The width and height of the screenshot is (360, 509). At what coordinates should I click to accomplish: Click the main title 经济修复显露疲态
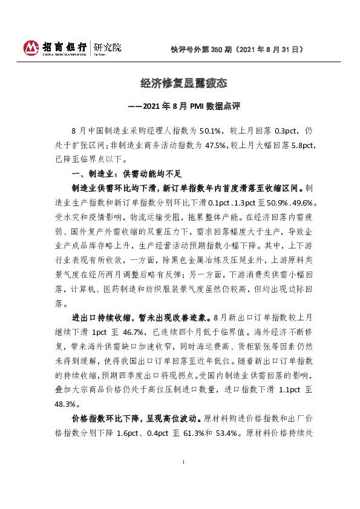tap(179, 83)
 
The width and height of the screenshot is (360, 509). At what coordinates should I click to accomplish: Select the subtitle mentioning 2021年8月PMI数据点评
tap(180, 106)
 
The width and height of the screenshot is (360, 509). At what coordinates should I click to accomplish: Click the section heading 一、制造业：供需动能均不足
tap(114, 175)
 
